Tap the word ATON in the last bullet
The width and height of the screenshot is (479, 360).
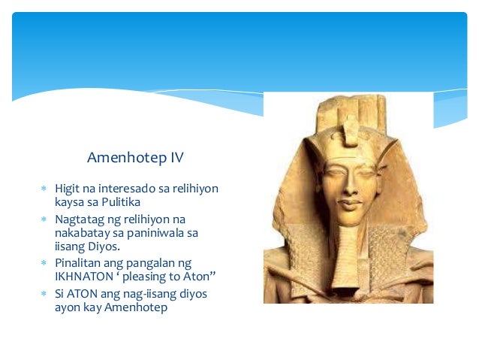83,294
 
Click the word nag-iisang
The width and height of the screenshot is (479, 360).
135,294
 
